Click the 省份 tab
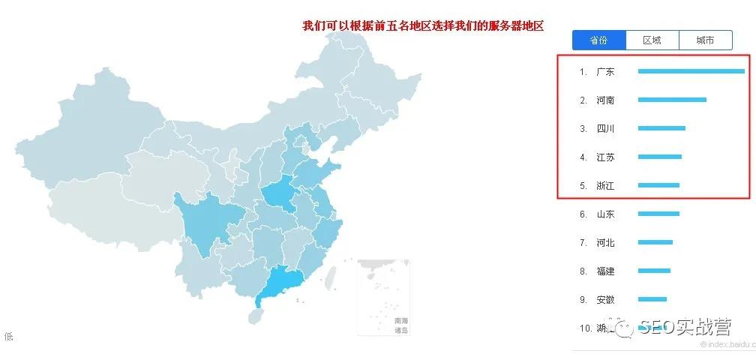[598, 40]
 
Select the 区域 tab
[652, 40]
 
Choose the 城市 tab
[705, 40]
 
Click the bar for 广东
[691, 71]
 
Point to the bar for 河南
[672, 100]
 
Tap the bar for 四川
[661, 128]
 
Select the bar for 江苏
[659, 157]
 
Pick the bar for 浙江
[658, 185]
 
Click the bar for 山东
[658, 214]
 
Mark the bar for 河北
[655, 242]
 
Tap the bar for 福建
[654, 271]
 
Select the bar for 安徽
[652, 299]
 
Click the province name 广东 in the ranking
[605, 72]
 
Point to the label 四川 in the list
[605, 129]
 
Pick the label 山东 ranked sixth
[605, 214]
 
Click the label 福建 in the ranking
[605, 271]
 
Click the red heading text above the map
[422, 25]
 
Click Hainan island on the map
[256, 316]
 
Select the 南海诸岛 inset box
[383, 297]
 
